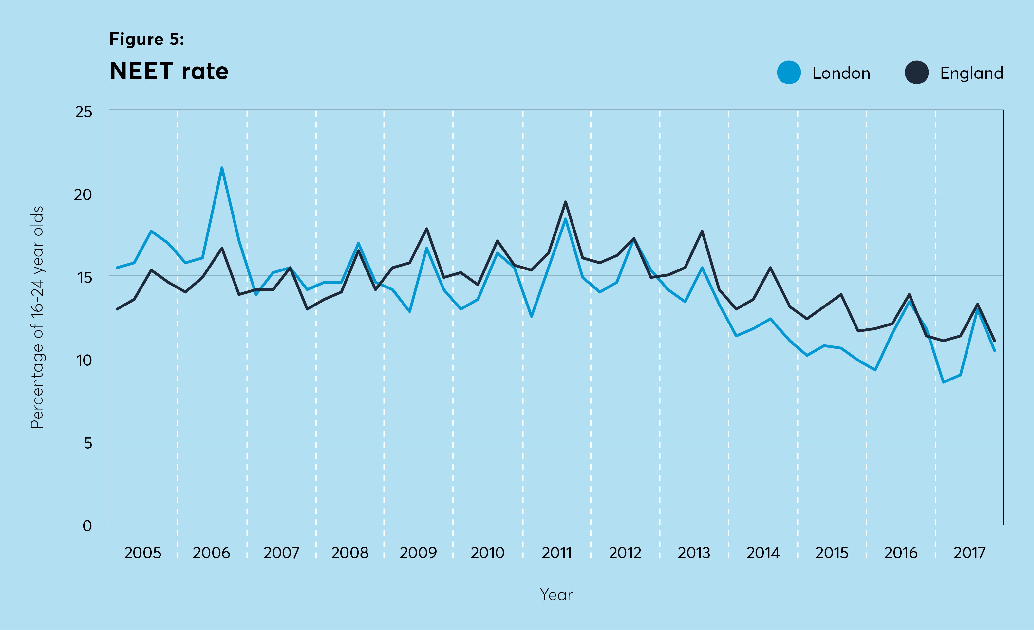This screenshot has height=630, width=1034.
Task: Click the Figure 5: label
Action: [146, 39]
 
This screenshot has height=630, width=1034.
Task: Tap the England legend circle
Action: [916, 73]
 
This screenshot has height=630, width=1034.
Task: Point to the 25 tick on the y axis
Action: [83, 112]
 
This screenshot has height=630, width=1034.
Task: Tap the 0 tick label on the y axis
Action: [87, 526]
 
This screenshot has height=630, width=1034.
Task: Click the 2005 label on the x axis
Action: [143, 553]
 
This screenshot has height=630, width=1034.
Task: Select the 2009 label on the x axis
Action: [418, 553]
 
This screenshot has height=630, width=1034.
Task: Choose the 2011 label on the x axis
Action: [556, 553]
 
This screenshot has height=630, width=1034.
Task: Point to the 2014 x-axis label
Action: [762, 553]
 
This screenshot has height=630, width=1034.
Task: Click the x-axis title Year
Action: [556, 595]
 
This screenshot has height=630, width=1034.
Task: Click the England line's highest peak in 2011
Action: [565, 202]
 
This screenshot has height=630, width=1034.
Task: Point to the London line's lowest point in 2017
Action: [943, 382]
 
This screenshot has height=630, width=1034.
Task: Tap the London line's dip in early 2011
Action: [531, 316]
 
